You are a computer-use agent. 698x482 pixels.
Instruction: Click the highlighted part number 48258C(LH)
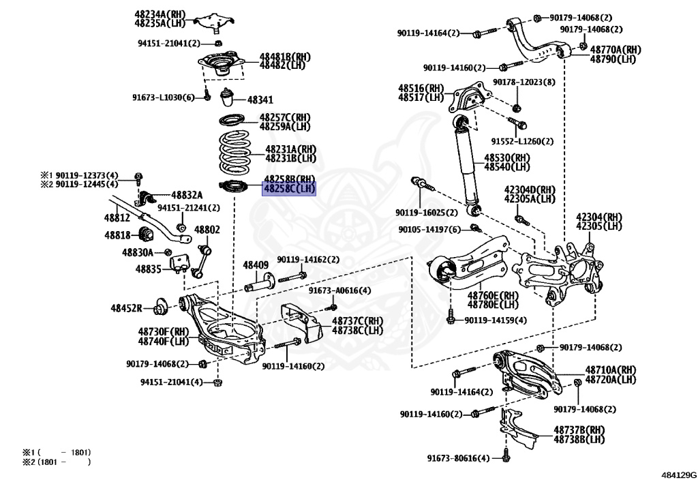[x=290, y=188]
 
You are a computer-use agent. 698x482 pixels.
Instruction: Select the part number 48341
[x=260, y=100]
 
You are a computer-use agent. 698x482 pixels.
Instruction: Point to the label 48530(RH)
[x=507, y=158]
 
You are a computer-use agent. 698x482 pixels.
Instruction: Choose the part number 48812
[x=117, y=218]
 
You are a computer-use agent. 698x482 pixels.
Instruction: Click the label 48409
[x=256, y=265]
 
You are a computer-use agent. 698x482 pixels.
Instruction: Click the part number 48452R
[x=127, y=308]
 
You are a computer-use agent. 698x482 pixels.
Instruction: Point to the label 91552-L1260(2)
[x=523, y=141]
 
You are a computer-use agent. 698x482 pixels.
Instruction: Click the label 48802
[x=207, y=230]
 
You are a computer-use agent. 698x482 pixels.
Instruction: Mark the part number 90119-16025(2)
[x=427, y=213]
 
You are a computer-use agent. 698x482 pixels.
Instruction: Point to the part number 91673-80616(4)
[x=458, y=458]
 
